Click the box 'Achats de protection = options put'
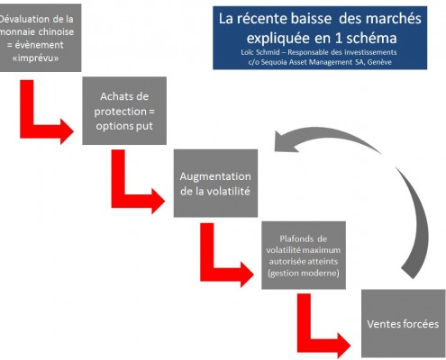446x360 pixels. [124, 111]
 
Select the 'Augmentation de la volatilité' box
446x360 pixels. [215, 184]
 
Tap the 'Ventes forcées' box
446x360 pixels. [404, 323]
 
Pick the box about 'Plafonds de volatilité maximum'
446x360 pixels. [304, 256]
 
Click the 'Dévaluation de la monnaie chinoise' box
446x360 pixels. [38, 38]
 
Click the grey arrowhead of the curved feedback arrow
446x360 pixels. [287, 141]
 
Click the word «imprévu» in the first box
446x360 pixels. [35, 58]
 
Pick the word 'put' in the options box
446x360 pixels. [144, 126]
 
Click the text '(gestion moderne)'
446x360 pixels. [304, 273]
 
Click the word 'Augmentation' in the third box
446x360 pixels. [215, 176]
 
